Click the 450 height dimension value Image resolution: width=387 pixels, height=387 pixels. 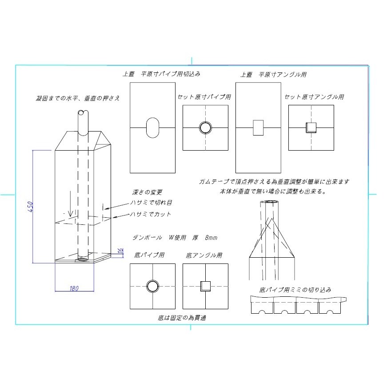click(x=30, y=206)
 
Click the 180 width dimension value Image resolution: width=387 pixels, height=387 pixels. click(x=74, y=288)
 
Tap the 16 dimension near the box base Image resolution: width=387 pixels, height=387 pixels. click(x=120, y=251)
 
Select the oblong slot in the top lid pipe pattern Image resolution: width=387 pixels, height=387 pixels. click(x=152, y=128)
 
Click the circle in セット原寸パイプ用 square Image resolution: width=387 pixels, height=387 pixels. click(x=205, y=128)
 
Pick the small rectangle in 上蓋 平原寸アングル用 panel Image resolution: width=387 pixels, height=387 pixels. click(x=258, y=128)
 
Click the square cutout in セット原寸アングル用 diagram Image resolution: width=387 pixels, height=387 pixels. click(x=311, y=128)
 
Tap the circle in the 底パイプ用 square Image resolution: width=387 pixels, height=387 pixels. click(x=152, y=286)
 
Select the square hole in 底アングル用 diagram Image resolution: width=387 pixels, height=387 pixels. click(x=205, y=286)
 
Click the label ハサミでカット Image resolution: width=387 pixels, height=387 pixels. click(x=150, y=214)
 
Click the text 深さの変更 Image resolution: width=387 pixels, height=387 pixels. click(x=148, y=192)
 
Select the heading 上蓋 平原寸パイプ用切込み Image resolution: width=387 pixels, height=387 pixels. click(x=164, y=74)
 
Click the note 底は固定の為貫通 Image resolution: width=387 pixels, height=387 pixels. click(x=182, y=318)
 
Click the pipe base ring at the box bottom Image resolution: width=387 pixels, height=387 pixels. click(x=83, y=258)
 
